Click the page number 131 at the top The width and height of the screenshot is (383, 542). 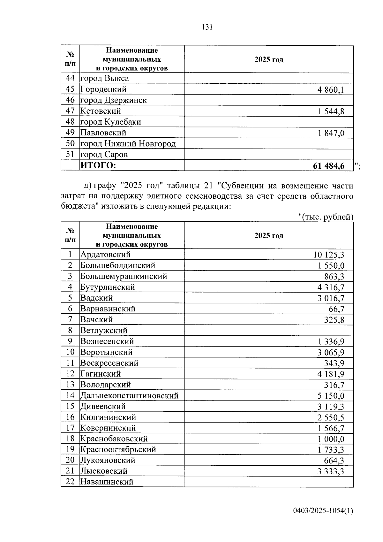207,27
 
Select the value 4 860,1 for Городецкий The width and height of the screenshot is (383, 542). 331,90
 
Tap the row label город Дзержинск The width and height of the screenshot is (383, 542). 113,100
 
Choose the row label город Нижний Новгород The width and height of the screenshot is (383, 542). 128,144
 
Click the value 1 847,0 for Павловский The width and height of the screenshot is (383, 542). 331,133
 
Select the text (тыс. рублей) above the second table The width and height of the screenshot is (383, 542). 326,217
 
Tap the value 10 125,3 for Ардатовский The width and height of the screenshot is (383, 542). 328,255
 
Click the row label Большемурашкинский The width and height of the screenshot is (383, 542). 124,276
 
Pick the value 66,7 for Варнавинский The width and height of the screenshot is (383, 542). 336,309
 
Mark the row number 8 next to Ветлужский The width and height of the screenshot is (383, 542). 70,330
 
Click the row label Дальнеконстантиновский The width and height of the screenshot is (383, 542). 129,396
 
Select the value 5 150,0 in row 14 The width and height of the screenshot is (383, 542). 331,396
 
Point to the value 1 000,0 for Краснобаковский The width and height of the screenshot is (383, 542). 331,439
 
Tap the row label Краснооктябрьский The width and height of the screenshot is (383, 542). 118,450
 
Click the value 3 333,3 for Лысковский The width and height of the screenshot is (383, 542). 331,471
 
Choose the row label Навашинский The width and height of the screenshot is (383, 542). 107,482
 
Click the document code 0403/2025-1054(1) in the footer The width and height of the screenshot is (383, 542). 323,511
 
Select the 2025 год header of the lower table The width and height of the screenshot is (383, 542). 269,236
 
